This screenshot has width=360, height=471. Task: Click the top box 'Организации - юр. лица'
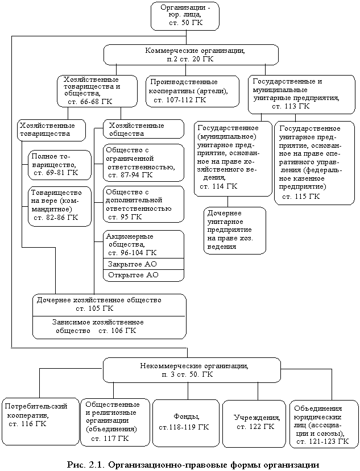185,16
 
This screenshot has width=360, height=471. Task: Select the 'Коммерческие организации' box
191,55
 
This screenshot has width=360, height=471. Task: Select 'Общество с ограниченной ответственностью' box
143,162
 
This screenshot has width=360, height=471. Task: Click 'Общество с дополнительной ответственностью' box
143,205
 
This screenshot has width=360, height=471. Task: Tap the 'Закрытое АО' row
143,264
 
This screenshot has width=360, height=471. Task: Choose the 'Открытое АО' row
143,275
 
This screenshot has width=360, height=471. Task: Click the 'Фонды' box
185,422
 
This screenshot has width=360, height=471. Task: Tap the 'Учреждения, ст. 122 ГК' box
254,422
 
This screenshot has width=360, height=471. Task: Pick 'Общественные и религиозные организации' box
114,422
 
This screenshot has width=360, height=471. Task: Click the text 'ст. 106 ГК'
118,331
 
